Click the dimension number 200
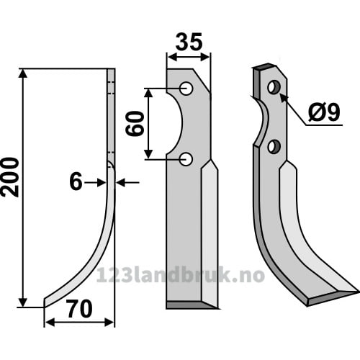tap(10, 177)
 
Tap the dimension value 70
tap(80, 309)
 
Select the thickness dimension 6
tap(76, 182)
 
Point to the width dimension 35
tap(189, 42)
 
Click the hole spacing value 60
tap(135, 124)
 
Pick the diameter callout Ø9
tap(325, 112)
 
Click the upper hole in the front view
tap(186, 89)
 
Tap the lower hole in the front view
tap(186, 159)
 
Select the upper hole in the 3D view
tap(274, 87)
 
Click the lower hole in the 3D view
tap(274, 146)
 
